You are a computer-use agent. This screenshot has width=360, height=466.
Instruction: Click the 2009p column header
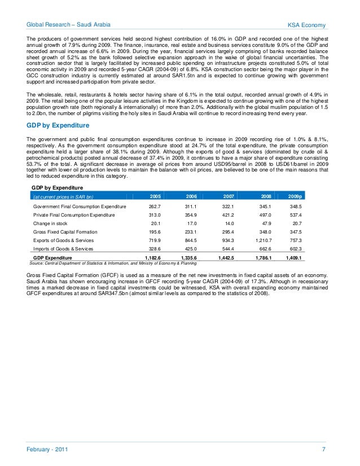295,196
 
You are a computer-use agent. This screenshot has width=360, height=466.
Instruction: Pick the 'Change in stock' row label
50,223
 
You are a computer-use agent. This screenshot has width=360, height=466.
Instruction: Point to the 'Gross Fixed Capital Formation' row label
65,232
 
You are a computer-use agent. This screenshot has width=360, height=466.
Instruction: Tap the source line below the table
112,263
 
